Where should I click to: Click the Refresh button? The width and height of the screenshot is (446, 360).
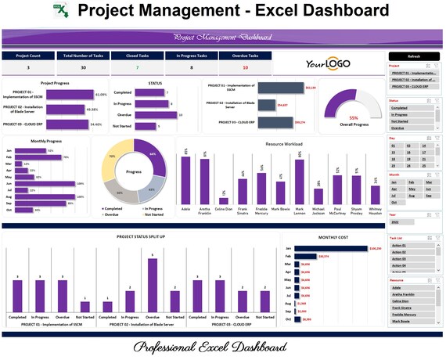(414, 56)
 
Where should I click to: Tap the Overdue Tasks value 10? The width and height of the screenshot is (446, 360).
(246, 68)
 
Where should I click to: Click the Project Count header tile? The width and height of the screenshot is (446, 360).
(28, 56)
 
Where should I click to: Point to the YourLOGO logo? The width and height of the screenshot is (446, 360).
(328, 63)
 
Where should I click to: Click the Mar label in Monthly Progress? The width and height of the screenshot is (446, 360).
(9, 164)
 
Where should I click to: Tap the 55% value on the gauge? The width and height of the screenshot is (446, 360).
(354, 117)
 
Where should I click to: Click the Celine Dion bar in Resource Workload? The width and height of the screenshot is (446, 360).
(224, 200)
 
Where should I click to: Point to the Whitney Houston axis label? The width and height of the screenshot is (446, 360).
(376, 212)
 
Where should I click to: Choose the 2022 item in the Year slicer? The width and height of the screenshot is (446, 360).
(398, 223)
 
